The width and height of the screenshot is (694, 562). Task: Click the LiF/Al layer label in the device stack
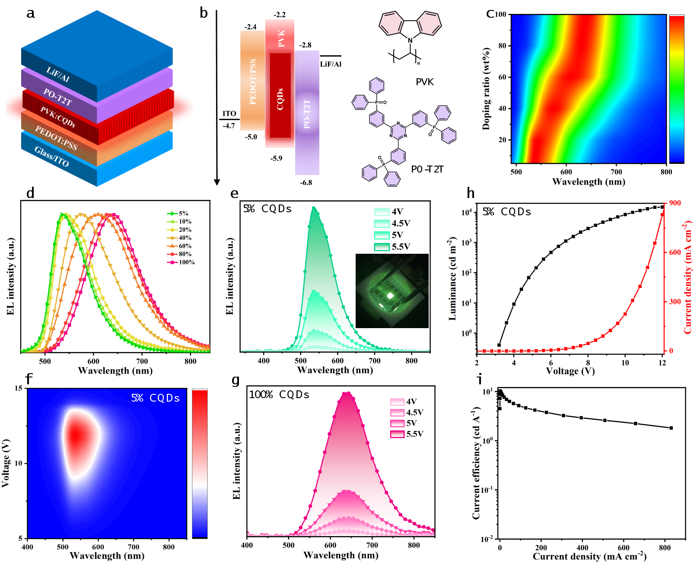(x=58, y=75)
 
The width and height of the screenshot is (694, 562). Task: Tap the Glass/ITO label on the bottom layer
(x=51, y=156)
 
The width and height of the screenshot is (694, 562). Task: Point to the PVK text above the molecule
(x=424, y=82)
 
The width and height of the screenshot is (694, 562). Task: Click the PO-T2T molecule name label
(x=427, y=169)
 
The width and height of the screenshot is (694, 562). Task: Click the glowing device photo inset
(x=392, y=291)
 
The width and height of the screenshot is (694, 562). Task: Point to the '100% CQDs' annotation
(x=279, y=395)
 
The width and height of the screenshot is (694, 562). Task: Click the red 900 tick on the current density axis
(x=675, y=203)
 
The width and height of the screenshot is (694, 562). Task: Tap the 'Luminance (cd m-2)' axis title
(x=452, y=278)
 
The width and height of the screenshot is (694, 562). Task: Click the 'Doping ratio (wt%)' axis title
(x=487, y=89)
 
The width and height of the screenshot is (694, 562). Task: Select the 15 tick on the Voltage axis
(x=18, y=388)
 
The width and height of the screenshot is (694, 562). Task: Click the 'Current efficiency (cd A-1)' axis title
(x=476, y=463)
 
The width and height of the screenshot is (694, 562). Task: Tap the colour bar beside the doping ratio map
(x=677, y=89)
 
